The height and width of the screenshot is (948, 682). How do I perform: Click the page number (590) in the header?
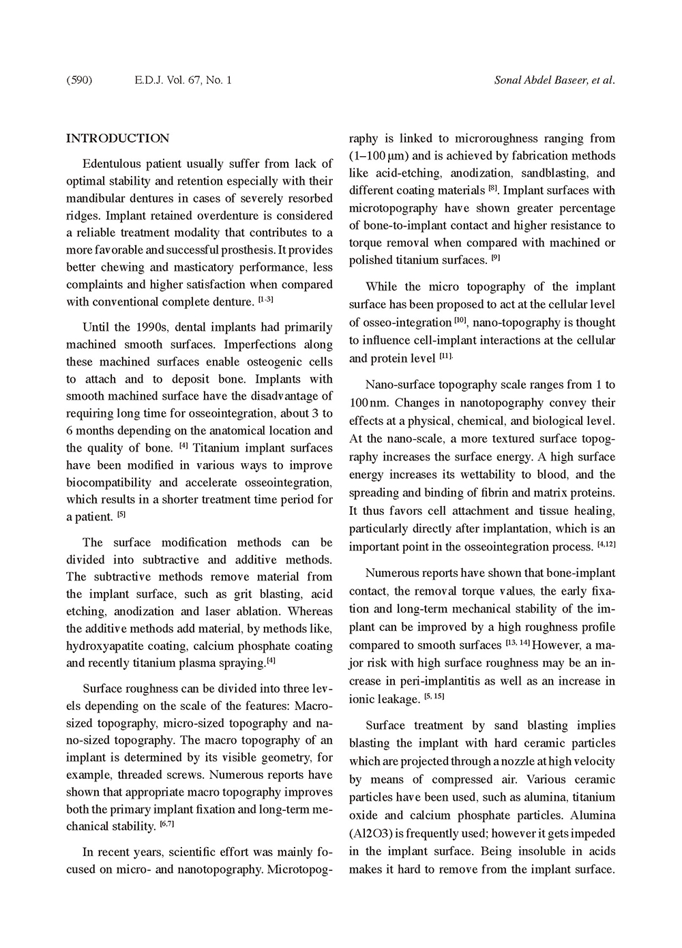click(79, 80)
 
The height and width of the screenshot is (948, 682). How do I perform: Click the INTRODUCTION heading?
click(117, 138)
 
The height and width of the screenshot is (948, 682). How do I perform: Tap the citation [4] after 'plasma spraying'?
click(271, 661)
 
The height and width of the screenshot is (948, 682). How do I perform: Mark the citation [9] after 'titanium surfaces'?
click(496, 258)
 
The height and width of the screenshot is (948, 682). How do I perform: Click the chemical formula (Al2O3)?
click(370, 833)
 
